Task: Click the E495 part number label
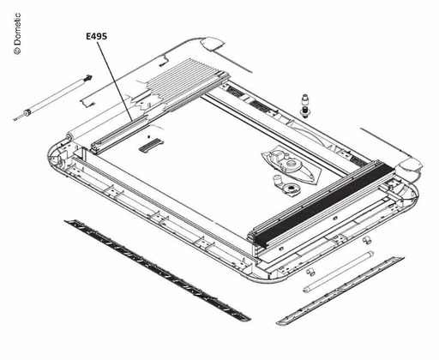(x=97, y=36)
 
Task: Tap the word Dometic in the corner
(x=17, y=29)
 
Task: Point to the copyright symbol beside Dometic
(x=17, y=51)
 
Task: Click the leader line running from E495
(x=115, y=81)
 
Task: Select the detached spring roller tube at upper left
(x=53, y=98)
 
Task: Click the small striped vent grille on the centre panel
(x=150, y=145)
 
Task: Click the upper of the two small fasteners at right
(x=305, y=99)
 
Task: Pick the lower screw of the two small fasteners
(x=306, y=112)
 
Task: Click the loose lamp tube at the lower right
(x=338, y=272)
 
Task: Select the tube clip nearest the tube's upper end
(x=366, y=240)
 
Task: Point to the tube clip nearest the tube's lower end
(x=310, y=272)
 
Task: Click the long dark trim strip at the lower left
(x=158, y=270)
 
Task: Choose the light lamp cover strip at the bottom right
(x=340, y=291)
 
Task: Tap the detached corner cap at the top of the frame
(x=213, y=44)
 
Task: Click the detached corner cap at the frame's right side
(x=411, y=165)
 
